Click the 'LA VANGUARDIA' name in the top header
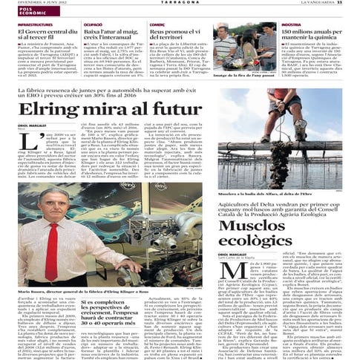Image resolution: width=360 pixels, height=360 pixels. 327,3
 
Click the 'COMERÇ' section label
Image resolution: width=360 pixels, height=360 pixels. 157,24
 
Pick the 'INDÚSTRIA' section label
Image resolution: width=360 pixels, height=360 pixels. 291,24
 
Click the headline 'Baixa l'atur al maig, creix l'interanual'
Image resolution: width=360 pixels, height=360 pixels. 111,36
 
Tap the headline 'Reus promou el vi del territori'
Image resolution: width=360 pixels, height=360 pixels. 175,36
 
